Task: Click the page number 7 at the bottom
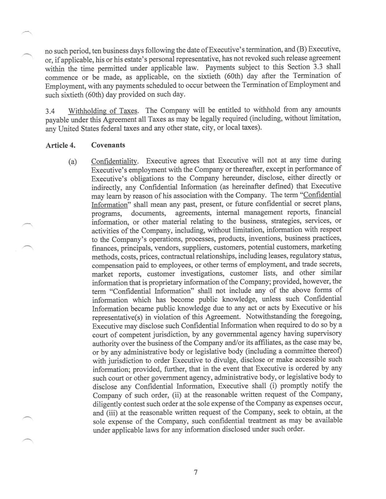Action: point(196,472)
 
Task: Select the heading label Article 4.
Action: point(60,145)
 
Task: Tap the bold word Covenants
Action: point(108,145)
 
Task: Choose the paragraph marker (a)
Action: point(72,161)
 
